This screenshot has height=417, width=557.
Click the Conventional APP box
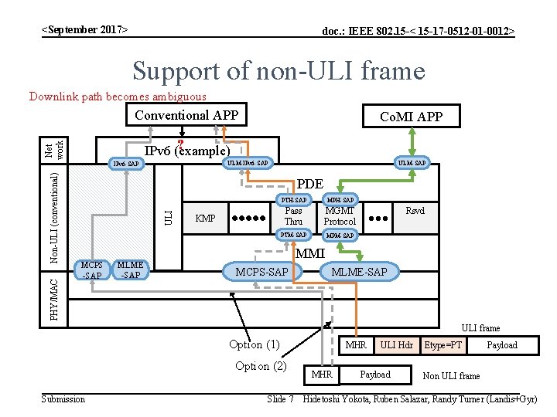pos(186,115)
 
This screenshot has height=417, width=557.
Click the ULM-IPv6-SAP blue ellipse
pos(247,163)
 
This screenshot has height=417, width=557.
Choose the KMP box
pos(205,218)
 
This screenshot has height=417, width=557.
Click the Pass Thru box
pos(294,217)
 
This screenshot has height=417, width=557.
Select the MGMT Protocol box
pos(340,217)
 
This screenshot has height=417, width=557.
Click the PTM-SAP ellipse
pos(294,235)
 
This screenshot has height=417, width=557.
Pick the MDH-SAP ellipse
pos(340,200)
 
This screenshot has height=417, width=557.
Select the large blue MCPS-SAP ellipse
pos(261,271)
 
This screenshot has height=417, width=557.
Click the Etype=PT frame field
pos(444,345)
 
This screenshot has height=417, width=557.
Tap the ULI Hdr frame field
pos(396,345)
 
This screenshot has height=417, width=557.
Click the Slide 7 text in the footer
pos(279,399)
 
